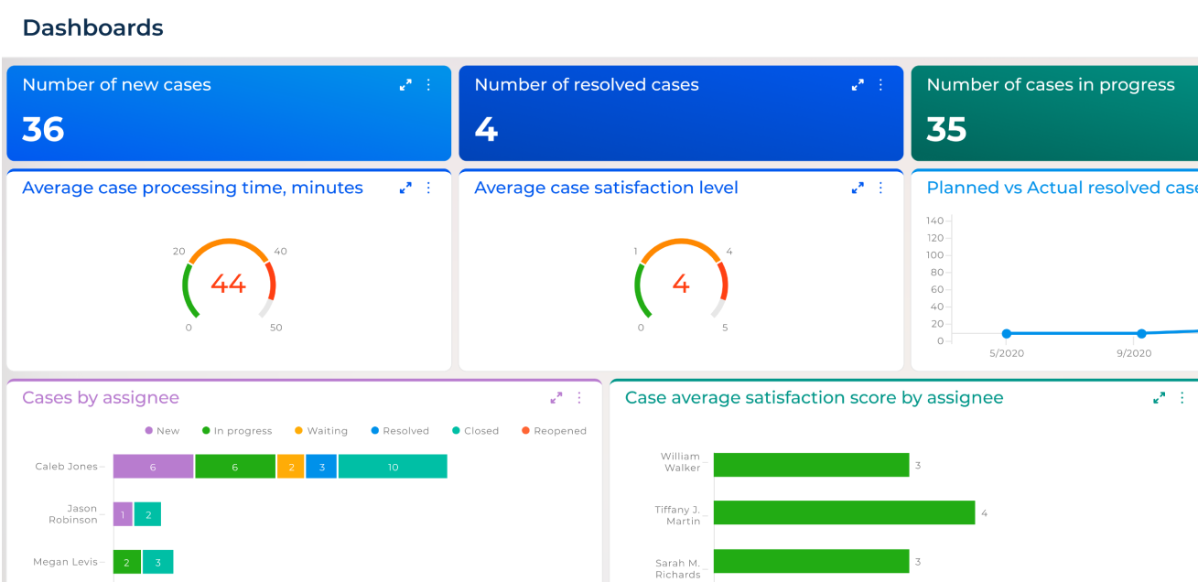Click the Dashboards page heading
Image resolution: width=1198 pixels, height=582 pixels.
pos(92,28)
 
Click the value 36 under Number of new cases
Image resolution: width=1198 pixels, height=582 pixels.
pos(43,129)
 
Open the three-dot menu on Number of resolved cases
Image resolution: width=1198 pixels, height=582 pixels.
pos(880,85)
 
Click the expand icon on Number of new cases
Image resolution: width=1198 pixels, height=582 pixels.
pos(405,85)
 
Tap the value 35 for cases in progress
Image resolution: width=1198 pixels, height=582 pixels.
pos(946,129)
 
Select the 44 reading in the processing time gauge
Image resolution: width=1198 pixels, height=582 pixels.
pos(228,284)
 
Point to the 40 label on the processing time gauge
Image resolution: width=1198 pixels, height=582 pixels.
pos(280,252)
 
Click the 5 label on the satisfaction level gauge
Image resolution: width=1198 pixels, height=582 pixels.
pos(725,328)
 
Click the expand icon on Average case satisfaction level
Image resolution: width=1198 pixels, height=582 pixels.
pos(858,188)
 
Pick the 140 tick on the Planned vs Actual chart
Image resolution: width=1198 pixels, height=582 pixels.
pos(934,221)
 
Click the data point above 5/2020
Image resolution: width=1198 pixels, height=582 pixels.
pos(1007,334)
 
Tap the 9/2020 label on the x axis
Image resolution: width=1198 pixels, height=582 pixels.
pos(1134,353)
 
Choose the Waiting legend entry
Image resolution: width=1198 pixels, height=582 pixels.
pos(321,431)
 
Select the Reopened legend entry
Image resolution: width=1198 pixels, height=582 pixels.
pos(554,431)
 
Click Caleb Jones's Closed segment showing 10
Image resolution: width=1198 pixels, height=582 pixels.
pos(393,467)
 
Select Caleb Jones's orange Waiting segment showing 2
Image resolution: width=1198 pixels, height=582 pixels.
pos(290,467)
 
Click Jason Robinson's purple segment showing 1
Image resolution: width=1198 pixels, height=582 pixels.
pos(123,514)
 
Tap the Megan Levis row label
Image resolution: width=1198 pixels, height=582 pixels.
pos(65,562)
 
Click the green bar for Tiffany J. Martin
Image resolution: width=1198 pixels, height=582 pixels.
pos(844,512)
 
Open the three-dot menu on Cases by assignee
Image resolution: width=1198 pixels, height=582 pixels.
pos(578,398)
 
